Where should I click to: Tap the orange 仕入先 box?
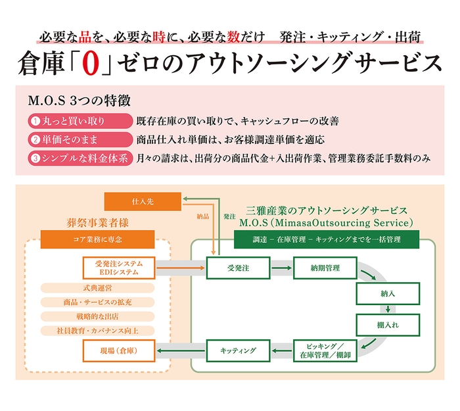[x=143, y=201]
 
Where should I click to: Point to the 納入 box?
[x=388, y=294]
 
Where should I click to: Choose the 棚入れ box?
[x=388, y=325]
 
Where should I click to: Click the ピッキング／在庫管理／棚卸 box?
[x=323, y=351]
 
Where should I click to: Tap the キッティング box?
[x=238, y=351]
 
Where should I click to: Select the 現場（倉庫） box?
[x=119, y=351]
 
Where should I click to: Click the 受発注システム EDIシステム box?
[x=119, y=268]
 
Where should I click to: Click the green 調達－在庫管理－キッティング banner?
[x=326, y=239]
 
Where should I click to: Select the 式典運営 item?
[x=98, y=288]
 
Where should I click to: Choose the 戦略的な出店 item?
[x=98, y=316]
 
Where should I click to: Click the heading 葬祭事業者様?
[x=97, y=222]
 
